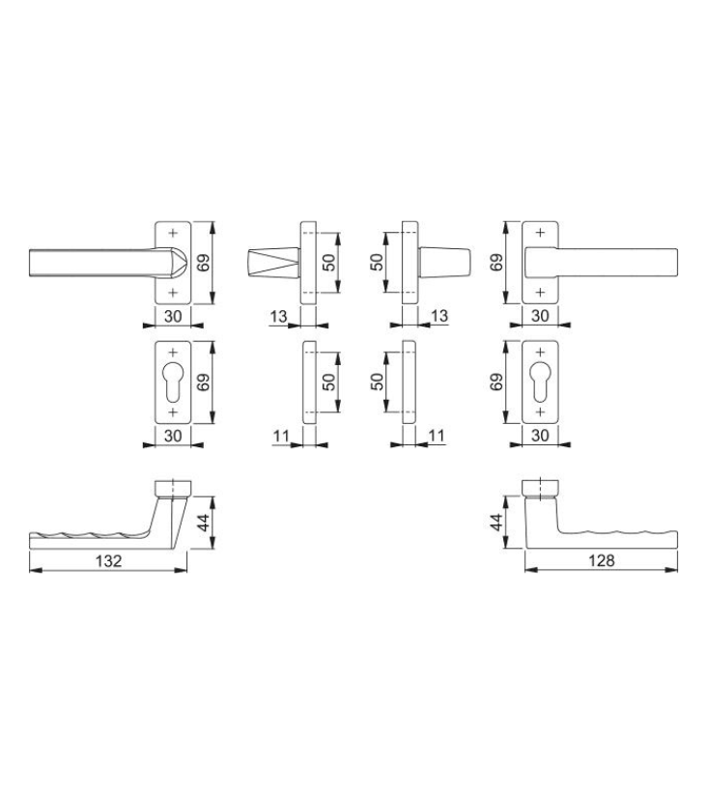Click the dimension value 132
click(108, 560)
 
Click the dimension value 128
click(601, 560)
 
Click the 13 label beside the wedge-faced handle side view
click(278, 317)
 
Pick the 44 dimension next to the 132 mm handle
click(203, 522)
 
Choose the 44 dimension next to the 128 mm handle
click(496, 522)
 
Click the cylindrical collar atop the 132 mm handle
click(173, 488)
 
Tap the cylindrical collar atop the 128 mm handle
click(540, 487)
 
